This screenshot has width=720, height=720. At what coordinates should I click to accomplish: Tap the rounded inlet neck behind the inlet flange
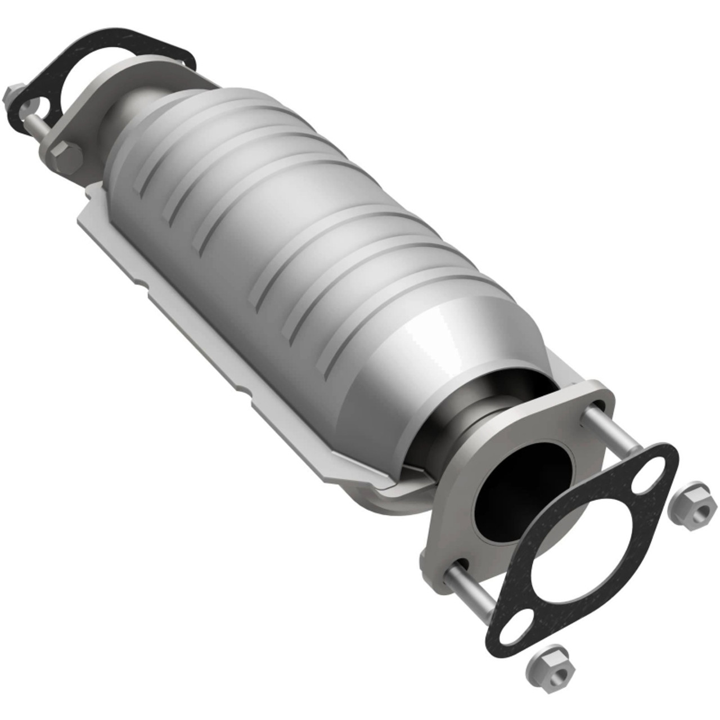point(135,107)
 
